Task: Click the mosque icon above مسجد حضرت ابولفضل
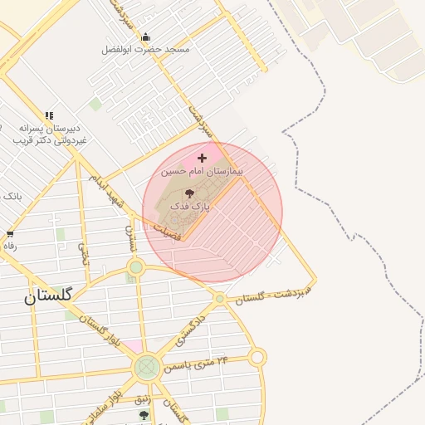click(x=146, y=37)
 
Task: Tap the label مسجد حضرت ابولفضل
click(x=146, y=50)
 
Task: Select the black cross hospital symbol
click(x=202, y=157)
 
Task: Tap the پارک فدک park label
click(x=190, y=203)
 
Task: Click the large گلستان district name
click(x=48, y=296)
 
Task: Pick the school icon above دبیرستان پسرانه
click(x=49, y=115)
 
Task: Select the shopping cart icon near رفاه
click(x=10, y=234)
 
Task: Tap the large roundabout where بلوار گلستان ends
click(x=147, y=366)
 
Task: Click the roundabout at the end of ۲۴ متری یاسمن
click(x=257, y=358)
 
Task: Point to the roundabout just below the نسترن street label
click(x=136, y=267)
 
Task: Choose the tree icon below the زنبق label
click(x=144, y=415)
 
